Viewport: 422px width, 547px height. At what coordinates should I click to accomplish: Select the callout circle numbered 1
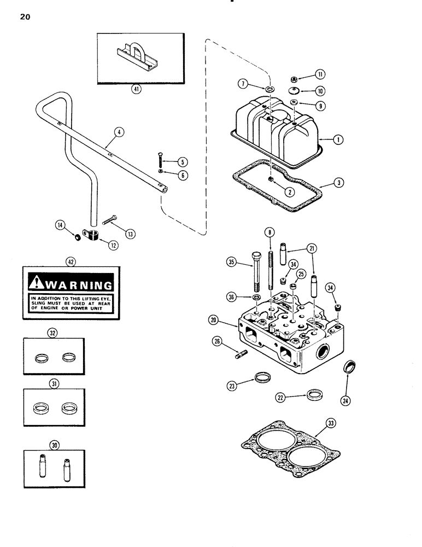(338, 139)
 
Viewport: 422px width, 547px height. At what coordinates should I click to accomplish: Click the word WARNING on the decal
(80, 284)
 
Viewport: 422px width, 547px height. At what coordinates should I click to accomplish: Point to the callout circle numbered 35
(233, 262)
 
